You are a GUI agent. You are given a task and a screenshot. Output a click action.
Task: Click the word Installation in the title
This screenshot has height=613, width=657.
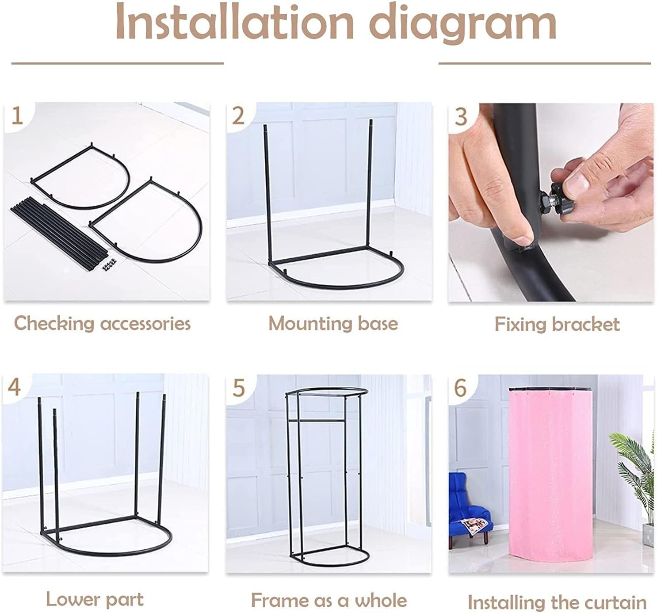click(x=235, y=23)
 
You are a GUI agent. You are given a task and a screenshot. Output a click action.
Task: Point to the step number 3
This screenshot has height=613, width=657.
click(x=461, y=116)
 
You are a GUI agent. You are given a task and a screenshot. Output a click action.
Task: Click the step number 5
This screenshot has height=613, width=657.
click(x=238, y=387)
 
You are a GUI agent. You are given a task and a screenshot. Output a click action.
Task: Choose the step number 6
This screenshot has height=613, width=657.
click(x=460, y=387)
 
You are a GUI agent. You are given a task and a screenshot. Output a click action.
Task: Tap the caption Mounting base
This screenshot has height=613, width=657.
click(x=333, y=323)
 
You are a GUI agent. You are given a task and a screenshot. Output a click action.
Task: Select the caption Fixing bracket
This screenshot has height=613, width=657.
click(x=557, y=324)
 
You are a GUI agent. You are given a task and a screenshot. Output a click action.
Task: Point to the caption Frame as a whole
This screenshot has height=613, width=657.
click(x=329, y=600)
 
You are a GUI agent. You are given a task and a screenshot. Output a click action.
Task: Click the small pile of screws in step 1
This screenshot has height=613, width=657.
click(x=110, y=264)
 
